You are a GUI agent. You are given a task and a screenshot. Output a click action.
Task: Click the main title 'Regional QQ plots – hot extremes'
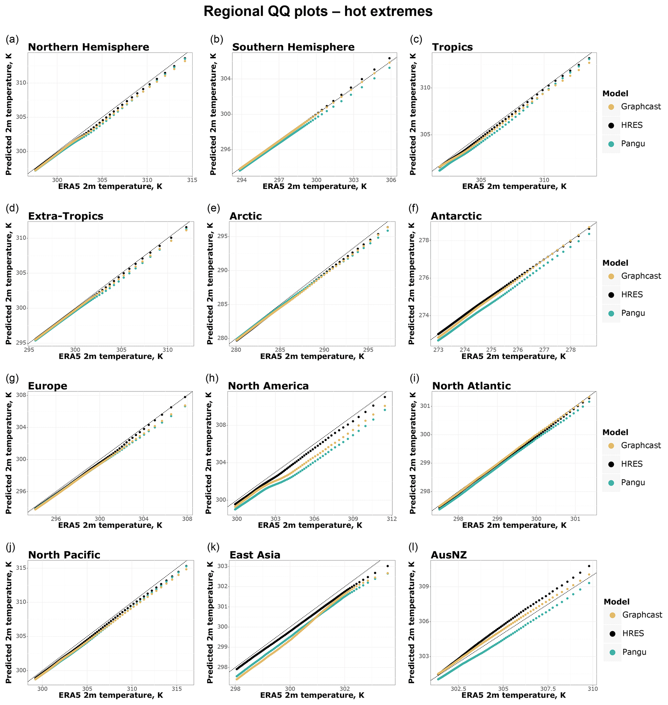[318, 12]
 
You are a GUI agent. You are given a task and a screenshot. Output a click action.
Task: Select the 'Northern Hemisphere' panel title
[88, 48]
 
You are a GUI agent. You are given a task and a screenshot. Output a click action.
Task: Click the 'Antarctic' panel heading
[456, 217]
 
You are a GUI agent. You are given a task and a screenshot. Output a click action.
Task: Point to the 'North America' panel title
[268, 386]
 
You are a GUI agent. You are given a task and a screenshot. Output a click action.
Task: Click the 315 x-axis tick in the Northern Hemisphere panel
[192, 180]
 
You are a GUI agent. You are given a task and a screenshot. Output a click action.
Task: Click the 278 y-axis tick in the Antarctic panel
[423, 241]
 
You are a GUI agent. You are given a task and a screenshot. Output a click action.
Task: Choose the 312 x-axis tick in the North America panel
[391, 519]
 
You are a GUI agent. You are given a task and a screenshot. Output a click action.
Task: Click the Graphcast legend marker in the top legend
[611, 107]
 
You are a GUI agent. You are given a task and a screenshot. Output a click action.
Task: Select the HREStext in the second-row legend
[632, 295]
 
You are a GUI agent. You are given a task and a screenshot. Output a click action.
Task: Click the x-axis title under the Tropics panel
[514, 186]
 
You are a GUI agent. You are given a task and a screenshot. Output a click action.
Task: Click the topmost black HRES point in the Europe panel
[185, 397]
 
